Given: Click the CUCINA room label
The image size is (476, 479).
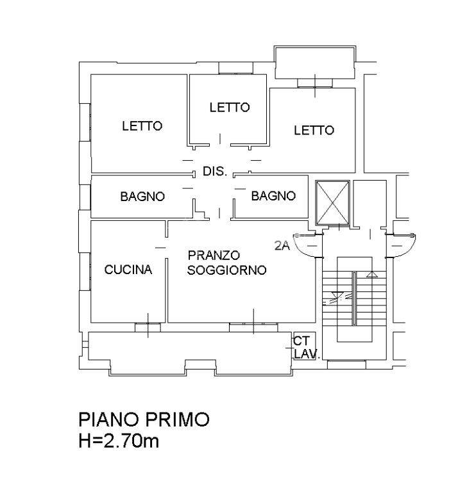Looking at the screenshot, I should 128,270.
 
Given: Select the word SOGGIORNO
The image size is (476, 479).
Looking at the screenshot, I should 227,271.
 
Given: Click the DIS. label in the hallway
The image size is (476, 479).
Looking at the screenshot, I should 214,172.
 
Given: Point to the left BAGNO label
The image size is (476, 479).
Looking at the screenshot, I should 142,197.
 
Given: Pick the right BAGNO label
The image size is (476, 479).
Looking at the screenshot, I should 273,196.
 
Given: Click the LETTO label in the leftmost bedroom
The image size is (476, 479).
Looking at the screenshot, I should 142,126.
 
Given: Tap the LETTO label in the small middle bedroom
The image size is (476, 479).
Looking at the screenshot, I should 229,108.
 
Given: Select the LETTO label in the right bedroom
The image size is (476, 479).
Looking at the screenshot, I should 314,131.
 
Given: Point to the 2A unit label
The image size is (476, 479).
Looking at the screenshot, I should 282,244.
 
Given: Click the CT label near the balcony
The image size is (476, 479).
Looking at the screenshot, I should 301,341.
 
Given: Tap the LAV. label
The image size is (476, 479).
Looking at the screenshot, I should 307,353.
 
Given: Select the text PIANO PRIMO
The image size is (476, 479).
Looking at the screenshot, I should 144,420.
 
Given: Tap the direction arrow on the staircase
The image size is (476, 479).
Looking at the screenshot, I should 371,274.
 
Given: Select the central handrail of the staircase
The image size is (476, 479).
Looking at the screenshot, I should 353,298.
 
